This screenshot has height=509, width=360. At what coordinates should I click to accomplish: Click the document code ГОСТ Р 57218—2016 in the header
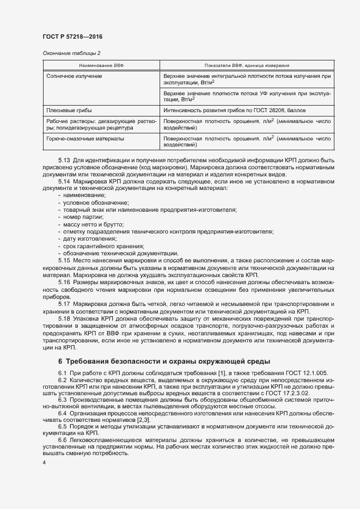(72, 36)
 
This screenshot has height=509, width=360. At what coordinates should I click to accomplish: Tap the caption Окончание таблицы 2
(71, 53)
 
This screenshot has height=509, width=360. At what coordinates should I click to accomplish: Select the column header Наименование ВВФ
(101, 65)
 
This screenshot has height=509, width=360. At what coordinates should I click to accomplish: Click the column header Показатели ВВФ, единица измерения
(247, 65)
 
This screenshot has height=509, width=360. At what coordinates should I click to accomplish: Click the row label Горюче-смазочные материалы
(85, 139)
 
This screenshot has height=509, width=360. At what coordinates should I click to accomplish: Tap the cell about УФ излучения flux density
(247, 96)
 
